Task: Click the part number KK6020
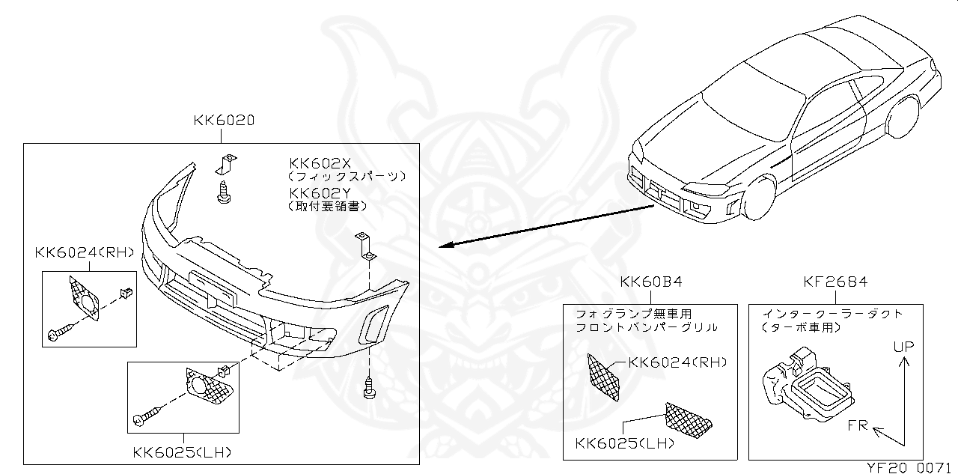pyautogui.click(x=224, y=120)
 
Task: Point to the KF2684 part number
pyautogui.click(x=835, y=282)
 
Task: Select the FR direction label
pyautogui.click(x=858, y=425)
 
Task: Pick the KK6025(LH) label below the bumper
pyautogui.click(x=182, y=452)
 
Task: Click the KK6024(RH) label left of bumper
pyautogui.click(x=84, y=252)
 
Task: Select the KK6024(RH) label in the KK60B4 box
pyautogui.click(x=678, y=362)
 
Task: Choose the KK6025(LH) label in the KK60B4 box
pyautogui.click(x=625, y=443)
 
